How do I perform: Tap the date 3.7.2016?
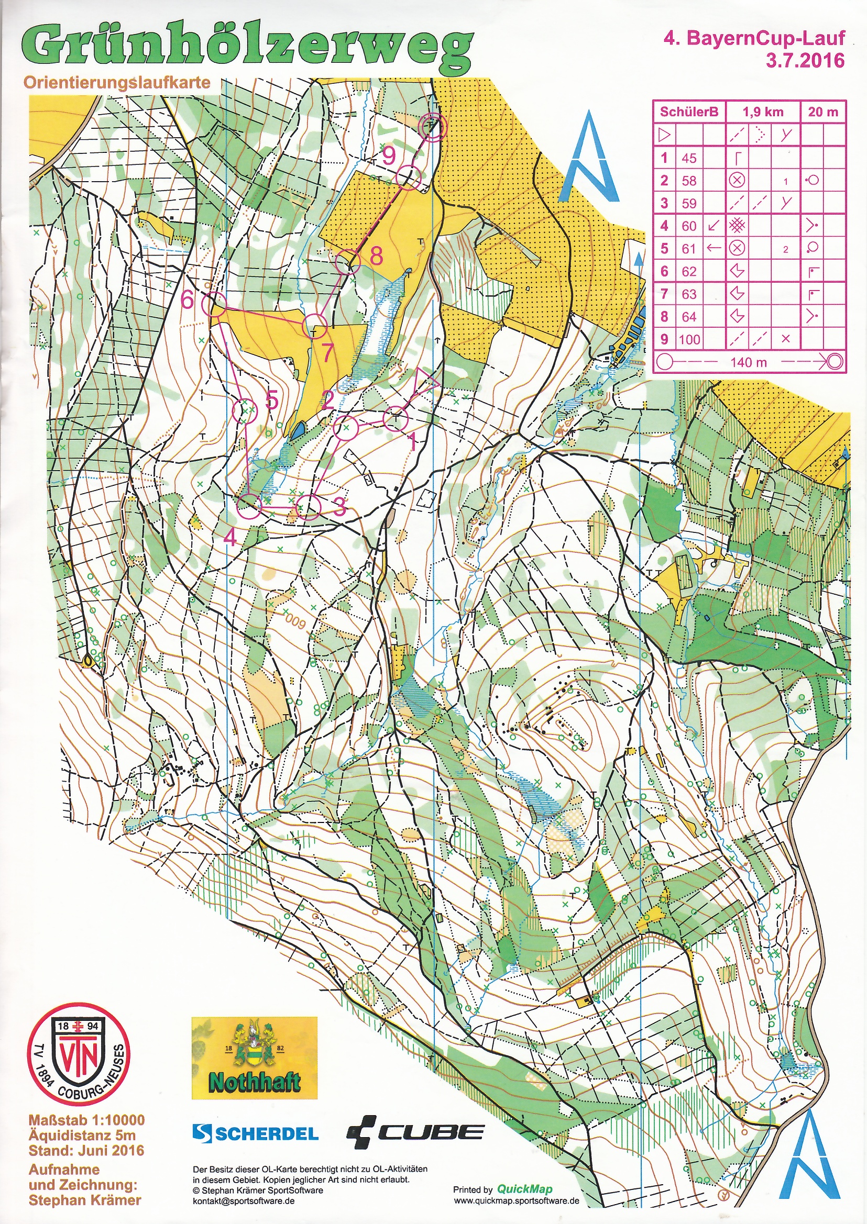point(805,60)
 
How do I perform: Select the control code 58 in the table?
point(689,180)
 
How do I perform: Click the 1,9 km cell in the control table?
point(763,112)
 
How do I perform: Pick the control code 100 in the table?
point(689,339)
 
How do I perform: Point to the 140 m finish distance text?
point(749,362)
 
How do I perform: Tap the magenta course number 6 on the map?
point(187,300)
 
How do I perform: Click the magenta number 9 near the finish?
point(389,156)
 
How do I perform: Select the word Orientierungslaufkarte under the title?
point(116,83)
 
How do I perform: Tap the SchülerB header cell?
point(689,112)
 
